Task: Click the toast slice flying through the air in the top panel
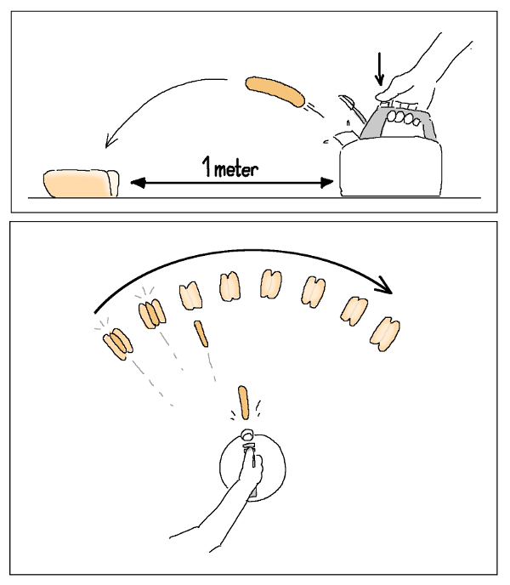point(275,92)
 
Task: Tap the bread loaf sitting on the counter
point(82,183)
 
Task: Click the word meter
point(236,170)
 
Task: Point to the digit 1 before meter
point(207,167)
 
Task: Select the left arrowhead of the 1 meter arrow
point(138,183)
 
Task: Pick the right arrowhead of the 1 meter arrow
point(326,183)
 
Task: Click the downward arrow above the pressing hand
point(379,69)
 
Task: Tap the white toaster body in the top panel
point(391,168)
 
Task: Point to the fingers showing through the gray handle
point(404,118)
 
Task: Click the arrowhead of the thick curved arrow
point(385,286)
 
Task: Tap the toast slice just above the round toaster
point(243,402)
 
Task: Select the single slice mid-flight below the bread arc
point(201,333)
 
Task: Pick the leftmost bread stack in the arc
point(118,344)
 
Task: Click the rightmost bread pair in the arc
point(385,334)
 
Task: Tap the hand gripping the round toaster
point(251,469)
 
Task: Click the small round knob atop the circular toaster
point(247,434)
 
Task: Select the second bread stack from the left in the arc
point(152,314)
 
